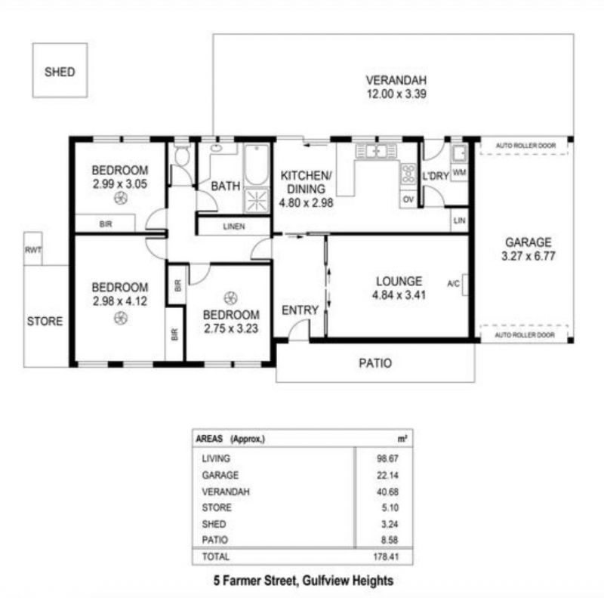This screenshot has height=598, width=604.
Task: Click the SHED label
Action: click(60, 72)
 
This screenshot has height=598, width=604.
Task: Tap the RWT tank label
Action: click(33, 250)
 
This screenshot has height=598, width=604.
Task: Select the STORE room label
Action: click(45, 321)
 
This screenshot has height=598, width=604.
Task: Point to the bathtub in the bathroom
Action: click(257, 165)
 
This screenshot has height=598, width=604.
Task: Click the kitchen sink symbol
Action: click(375, 151)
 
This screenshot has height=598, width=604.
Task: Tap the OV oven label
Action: click(408, 199)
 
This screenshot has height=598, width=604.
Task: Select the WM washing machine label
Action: click(459, 172)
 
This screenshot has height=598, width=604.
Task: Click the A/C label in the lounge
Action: click(453, 284)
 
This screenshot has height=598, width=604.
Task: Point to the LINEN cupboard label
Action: click(234, 227)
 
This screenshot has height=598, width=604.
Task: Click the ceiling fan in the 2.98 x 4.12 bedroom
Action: click(120, 319)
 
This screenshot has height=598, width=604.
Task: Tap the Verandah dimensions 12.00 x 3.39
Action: click(396, 94)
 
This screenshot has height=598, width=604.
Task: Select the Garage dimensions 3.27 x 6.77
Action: click(528, 256)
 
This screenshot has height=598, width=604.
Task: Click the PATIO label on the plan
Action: click(375, 363)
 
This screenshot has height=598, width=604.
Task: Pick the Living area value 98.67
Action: click(387, 458)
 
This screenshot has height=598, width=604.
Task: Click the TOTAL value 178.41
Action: click(386, 556)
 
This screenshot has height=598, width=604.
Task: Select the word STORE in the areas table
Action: click(217, 507)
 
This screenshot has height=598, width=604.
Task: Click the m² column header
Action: click(402, 439)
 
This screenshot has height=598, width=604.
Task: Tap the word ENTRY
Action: click(300, 310)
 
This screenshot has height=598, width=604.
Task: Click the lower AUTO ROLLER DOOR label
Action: click(525, 334)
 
